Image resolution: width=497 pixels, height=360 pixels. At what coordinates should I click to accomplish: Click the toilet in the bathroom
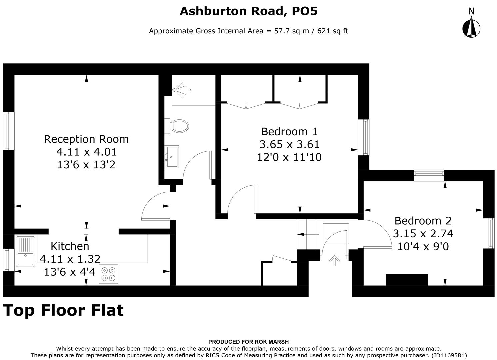[179, 126]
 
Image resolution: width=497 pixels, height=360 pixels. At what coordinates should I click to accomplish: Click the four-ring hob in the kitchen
[108, 274]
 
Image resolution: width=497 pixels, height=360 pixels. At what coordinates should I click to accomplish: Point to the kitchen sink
[25, 251]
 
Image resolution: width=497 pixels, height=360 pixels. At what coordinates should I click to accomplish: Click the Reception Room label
[86, 139]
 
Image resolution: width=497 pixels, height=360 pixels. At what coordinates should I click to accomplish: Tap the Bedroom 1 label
[289, 131]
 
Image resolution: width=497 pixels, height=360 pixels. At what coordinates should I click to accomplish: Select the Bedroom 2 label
[423, 221]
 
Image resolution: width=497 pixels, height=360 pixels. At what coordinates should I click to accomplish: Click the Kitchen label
[70, 246]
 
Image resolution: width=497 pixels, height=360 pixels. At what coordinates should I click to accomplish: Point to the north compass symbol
[471, 27]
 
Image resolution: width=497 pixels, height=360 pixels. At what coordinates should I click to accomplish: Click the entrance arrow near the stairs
[333, 260]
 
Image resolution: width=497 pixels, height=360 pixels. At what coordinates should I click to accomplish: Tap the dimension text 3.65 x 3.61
[289, 144]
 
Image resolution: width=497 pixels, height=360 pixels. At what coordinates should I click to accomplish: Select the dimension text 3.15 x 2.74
[423, 233]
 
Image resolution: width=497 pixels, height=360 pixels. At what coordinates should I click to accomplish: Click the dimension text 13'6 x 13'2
[86, 165]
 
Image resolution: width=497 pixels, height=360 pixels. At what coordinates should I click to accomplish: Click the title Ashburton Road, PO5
[249, 11]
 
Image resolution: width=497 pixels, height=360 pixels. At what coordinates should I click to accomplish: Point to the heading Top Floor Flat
[63, 310]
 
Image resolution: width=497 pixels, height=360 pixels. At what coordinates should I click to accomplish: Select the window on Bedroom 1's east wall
[364, 137]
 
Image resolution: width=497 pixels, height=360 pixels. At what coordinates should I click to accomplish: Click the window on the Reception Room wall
[9, 131]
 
